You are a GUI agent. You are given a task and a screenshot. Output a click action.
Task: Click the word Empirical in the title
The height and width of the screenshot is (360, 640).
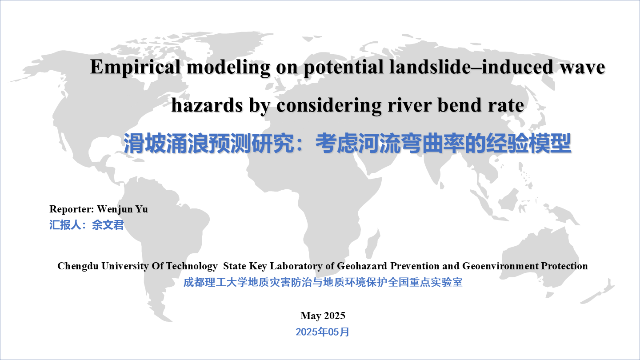(x=135, y=68)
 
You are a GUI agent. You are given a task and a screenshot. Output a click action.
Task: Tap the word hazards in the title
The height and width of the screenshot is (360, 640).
(x=207, y=105)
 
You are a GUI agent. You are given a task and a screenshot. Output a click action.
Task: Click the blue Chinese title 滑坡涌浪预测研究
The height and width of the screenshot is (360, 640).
(x=209, y=144)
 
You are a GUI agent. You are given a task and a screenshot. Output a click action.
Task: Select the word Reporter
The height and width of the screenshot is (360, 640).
(x=72, y=209)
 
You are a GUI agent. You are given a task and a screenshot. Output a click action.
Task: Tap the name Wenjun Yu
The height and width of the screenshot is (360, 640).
(x=122, y=209)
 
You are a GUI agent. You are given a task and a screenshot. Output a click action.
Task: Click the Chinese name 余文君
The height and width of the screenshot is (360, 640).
(x=108, y=225)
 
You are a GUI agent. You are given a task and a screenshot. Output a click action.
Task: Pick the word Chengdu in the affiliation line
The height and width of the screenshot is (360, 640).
(x=78, y=266)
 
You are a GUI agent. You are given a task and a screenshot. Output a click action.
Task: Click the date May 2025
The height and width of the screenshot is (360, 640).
(x=323, y=316)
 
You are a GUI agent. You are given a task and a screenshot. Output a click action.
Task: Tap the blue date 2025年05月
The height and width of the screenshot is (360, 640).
(x=322, y=332)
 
